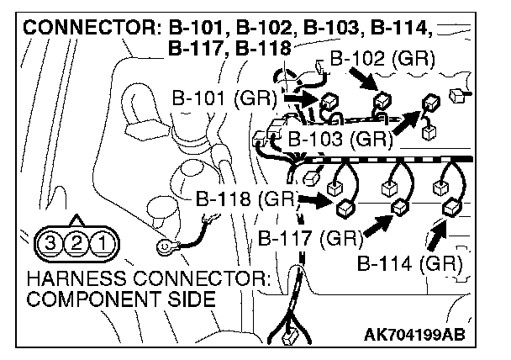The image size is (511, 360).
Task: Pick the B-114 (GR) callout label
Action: (409, 263)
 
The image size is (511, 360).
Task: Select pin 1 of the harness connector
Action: (102, 245)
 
